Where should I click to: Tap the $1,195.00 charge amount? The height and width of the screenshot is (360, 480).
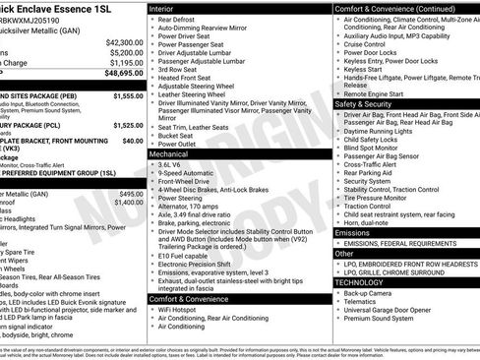point(125,63)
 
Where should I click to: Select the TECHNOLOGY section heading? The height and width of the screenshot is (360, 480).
point(361,281)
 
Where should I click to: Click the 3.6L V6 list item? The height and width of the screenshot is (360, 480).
point(173,165)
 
